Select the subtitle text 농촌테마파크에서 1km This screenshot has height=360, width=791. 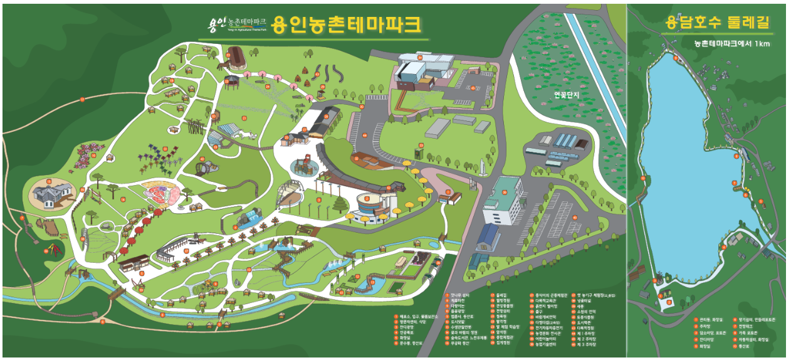731,44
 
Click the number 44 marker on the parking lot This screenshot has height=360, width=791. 365,135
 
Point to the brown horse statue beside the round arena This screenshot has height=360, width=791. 223,64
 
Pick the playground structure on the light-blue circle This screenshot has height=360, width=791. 304,165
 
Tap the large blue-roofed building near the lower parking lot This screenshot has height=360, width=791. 489,239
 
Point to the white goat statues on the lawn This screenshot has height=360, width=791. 253,135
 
